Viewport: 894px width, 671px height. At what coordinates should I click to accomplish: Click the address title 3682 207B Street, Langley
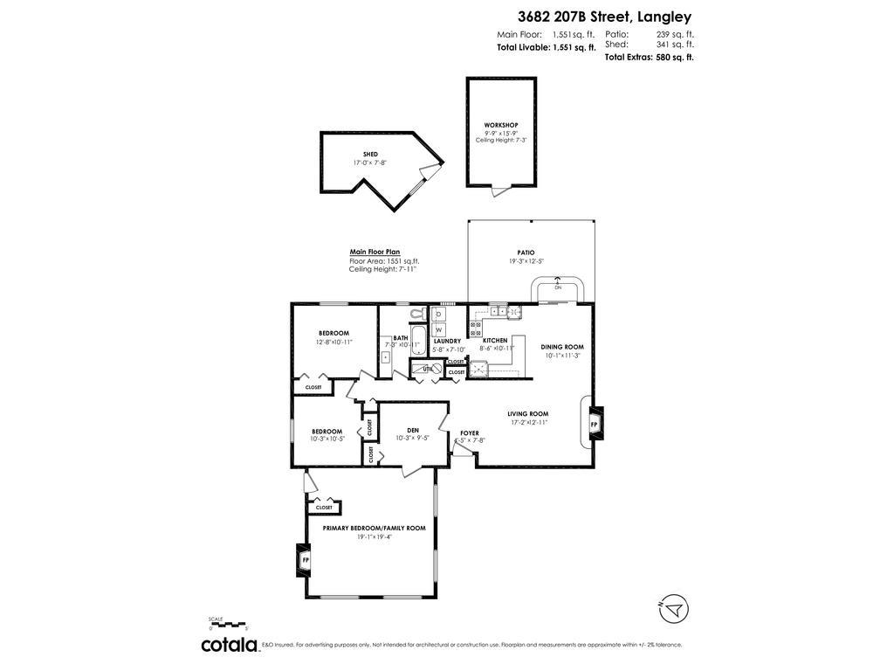click(x=603, y=16)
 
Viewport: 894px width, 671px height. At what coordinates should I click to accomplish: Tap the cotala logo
click(x=230, y=645)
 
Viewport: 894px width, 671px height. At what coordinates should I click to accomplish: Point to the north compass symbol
click(x=674, y=608)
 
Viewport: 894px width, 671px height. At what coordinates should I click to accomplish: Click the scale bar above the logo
click(x=229, y=623)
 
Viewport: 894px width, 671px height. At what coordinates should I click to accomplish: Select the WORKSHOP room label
click(x=501, y=125)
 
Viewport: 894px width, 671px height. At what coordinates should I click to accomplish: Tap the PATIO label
click(x=526, y=252)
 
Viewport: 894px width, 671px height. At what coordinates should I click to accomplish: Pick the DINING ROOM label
click(x=562, y=347)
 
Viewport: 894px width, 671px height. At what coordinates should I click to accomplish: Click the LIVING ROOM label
click(x=527, y=414)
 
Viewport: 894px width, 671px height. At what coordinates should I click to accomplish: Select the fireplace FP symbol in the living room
click(x=595, y=424)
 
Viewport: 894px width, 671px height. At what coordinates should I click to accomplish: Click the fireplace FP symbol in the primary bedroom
click(x=305, y=559)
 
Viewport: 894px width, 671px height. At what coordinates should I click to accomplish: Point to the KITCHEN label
click(x=495, y=341)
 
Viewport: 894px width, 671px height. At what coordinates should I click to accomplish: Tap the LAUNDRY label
click(x=447, y=342)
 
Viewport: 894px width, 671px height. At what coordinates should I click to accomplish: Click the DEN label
click(x=413, y=430)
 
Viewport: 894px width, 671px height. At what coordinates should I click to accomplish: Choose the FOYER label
click(x=470, y=432)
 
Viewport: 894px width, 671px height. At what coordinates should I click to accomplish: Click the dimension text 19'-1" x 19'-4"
click(x=374, y=537)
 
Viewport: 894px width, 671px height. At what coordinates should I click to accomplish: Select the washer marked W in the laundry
click(x=439, y=329)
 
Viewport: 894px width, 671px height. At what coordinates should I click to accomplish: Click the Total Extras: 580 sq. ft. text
click(x=649, y=57)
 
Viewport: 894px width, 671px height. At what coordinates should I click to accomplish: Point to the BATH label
click(x=401, y=337)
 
